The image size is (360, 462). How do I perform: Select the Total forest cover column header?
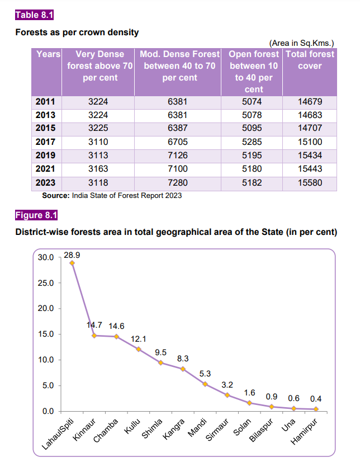310,60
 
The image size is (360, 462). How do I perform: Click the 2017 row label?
44,142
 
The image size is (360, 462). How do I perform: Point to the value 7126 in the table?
179,155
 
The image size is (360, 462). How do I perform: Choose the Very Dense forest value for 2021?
98,169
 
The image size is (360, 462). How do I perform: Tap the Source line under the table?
112,195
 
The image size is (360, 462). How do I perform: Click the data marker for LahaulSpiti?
72,263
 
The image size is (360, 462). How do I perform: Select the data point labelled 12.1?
138,349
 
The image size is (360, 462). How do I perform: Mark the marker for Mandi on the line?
205,384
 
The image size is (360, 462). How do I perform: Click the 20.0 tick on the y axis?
45,309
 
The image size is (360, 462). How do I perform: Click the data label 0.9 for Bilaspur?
271,396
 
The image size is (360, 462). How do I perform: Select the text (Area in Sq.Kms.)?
301,43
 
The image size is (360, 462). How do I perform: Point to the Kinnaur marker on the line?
94,336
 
